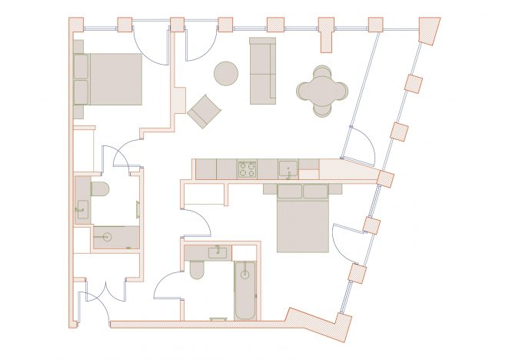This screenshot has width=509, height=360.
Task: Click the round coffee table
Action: point(225,74)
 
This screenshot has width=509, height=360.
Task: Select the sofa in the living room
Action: point(262,71)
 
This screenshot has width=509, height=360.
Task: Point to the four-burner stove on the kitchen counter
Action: point(247,169)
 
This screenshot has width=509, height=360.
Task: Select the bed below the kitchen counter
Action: point(302,219)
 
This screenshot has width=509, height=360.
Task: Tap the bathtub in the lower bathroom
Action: point(246,292)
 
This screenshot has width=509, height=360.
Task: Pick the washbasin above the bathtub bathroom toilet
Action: point(217,252)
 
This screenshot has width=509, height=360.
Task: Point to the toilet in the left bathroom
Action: point(101,189)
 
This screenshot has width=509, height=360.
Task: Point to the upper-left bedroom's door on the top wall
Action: point(151,46)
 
